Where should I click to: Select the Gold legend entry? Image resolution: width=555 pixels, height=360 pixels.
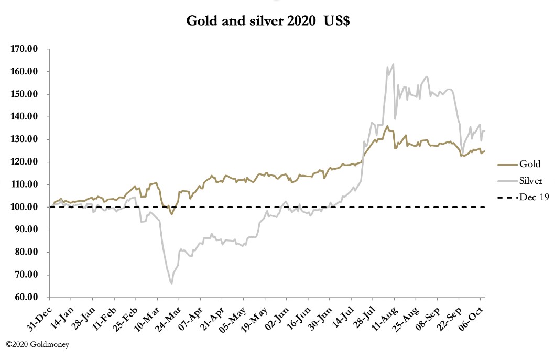(530, 164)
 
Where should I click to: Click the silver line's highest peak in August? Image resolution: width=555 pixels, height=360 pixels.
(393, 64)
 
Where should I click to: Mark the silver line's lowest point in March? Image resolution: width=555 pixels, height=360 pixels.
(171, 283)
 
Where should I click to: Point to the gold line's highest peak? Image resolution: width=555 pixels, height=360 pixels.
(387, 126)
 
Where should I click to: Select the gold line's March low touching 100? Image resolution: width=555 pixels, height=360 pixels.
(171, 214)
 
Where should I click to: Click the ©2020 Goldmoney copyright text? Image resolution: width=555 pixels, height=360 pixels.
(37, 344)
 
